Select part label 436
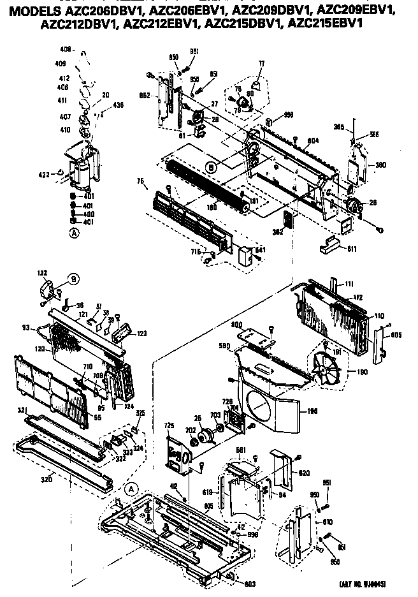[100, 105]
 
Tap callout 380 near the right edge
[380, 165]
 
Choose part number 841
[260, 250]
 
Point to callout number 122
[42, 273]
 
